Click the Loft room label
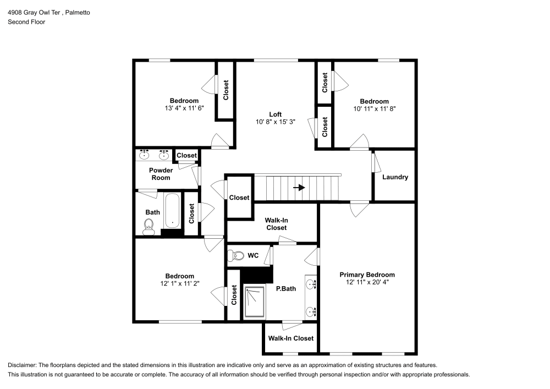pos(276,114)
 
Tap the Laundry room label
pos(395,177)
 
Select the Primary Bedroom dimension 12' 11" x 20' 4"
pos(367,282)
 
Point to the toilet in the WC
pos(237,256)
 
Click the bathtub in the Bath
pos(172,211)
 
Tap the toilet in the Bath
pos(148,226)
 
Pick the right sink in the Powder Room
pos(163,154)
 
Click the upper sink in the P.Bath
pos(311,284)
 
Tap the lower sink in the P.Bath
pos(311,311)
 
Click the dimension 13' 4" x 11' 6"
pos(184,108)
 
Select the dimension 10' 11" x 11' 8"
pos(374,109)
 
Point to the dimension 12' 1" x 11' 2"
pos(179,284)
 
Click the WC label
pos(253,256)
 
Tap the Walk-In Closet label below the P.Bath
pos(290,338)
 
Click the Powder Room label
pos(161,174)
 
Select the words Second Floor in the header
pos(26,22)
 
